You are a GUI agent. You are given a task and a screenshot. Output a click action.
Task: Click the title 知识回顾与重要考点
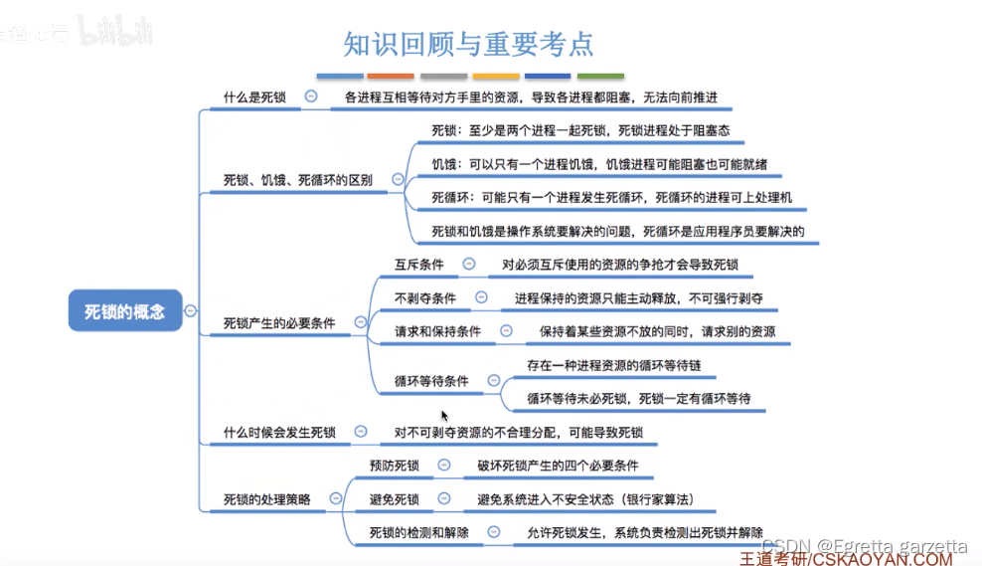click(468, 44)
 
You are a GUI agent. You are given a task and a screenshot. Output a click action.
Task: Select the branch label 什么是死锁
click(254, 97)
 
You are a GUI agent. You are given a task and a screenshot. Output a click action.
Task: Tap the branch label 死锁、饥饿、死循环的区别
click(298, 180)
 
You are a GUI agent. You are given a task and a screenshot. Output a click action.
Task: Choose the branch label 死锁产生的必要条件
click(279, 323)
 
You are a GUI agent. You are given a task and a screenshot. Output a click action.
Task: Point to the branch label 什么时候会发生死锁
click(279, 433)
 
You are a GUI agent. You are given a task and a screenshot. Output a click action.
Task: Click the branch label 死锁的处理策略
click(267, 499)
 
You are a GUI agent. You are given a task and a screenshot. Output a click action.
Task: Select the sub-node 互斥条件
click(419, 265)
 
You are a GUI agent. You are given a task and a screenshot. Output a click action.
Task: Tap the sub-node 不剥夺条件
click(425, 297)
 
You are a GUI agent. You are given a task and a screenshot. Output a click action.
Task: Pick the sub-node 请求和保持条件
click(437, 331)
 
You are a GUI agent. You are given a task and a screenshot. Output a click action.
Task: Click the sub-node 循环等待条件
click(431, 381)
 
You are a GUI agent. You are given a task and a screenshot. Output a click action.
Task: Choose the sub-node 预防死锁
click(395, 466)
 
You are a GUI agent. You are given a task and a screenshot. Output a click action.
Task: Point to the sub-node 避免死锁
click(395, 498)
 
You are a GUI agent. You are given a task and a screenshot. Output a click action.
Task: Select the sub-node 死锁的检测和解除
click(419, 532)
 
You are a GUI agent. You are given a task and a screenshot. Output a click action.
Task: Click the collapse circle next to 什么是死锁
click(311, 96)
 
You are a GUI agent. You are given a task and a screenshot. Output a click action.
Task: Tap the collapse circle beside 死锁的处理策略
click(336, 498)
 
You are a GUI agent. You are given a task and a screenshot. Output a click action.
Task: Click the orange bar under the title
click(390, 76)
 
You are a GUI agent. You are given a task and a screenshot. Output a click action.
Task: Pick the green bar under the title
click(600, 76)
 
